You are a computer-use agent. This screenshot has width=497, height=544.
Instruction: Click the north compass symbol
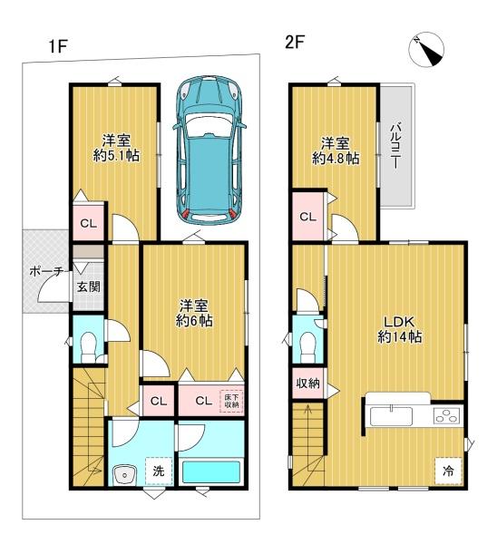[426, 50]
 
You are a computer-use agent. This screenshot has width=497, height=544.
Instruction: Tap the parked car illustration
[209, 151]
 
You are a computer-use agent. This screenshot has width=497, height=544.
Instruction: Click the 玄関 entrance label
[89, 287]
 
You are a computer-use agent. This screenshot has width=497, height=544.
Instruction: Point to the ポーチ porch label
[46, 271]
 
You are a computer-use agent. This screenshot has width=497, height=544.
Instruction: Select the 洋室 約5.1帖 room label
[116, 148]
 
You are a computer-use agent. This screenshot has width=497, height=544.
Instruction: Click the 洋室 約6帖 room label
[194, 313]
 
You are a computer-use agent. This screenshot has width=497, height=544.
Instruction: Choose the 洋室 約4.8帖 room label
[336, 151]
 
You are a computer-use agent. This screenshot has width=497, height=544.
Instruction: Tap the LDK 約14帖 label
[399, 329]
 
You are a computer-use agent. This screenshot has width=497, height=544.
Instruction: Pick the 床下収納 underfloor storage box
[231, 401]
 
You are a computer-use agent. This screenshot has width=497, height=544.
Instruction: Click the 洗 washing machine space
[159, 471]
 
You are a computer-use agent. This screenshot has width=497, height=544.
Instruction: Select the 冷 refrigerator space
[448, 471]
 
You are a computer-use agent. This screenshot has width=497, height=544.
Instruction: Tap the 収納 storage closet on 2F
[308, 384]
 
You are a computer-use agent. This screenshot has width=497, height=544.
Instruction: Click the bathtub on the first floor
[211, 471]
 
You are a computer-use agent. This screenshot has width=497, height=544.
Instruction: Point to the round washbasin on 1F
[124, 474]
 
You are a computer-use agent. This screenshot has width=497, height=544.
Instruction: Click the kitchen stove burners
[447, 415]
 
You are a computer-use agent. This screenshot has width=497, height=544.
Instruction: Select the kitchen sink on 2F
[391, 416]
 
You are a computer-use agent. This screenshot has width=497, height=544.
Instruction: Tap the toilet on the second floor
[307, 347]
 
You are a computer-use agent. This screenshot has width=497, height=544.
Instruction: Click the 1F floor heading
[58, 46]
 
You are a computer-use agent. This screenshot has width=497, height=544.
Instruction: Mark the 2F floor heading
[295, 43]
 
